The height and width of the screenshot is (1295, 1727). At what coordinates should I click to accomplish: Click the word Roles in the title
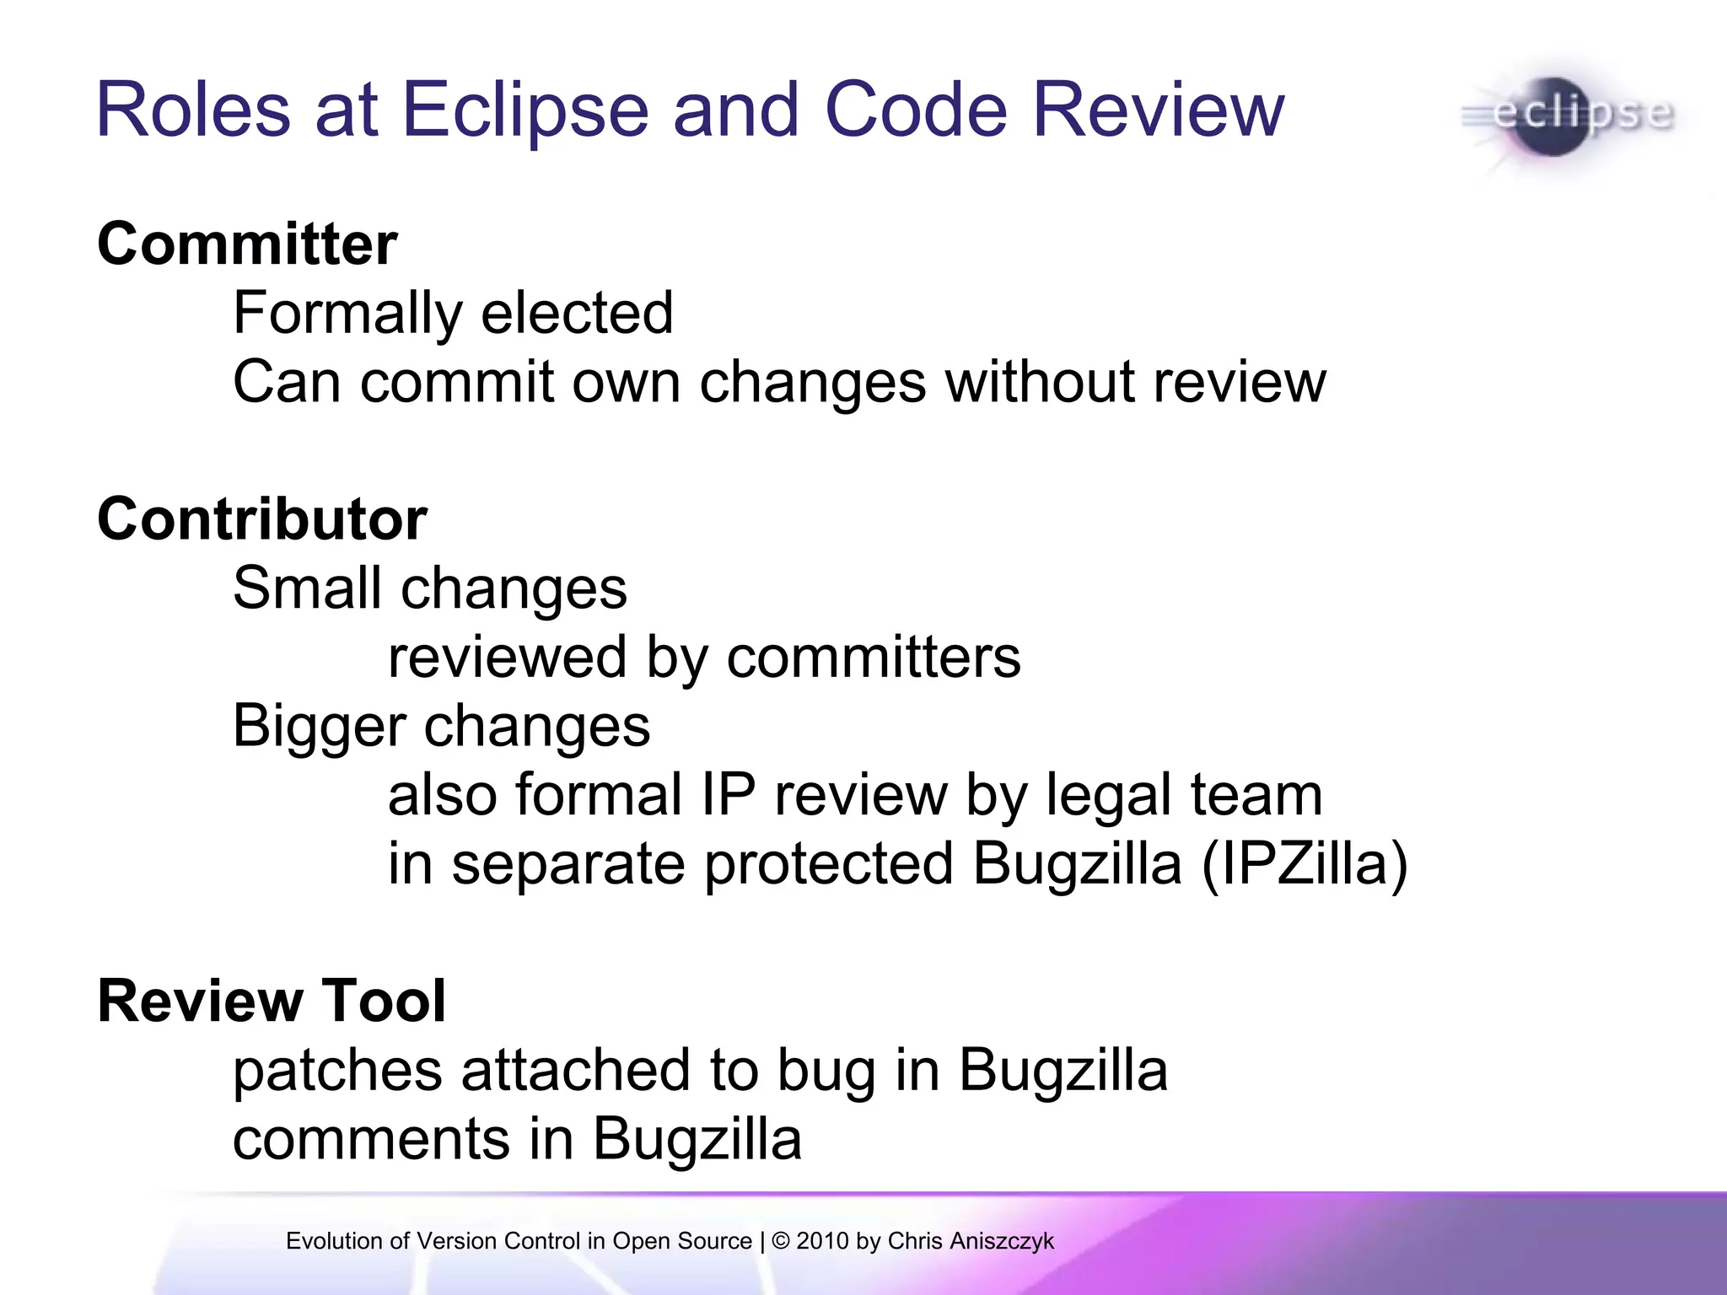(193, 110)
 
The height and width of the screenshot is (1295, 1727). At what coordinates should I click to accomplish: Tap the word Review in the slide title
(1158, 110)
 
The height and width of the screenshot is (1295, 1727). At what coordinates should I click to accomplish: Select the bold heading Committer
(247, 244)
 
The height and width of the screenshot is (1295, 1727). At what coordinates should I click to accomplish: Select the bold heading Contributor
(262, 519)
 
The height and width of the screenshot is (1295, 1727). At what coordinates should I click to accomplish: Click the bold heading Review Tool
(272, 1001)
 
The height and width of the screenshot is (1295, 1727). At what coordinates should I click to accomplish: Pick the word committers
(873, 657)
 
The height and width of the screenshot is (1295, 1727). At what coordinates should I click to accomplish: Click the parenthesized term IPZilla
(1305, 864)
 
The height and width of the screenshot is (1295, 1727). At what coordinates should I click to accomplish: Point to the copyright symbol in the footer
(781, 1241)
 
